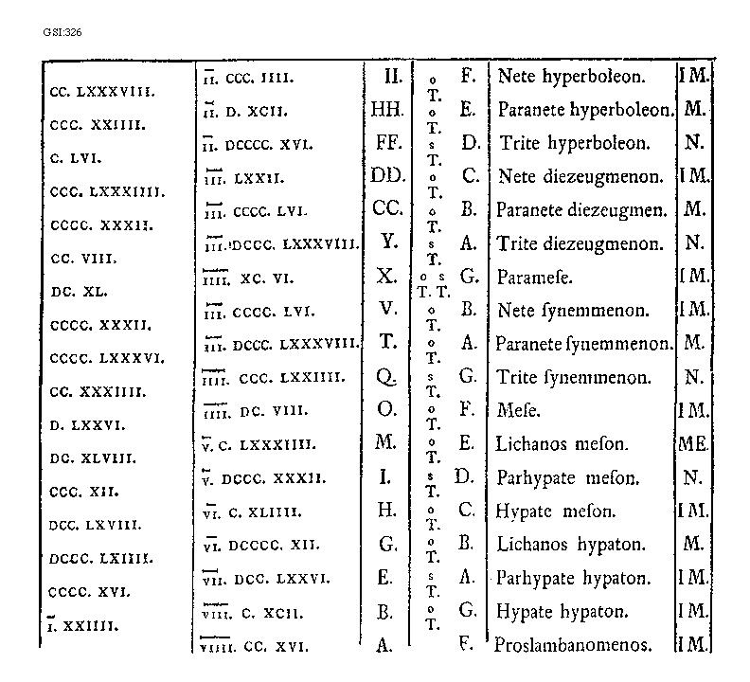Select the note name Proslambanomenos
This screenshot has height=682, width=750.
574,646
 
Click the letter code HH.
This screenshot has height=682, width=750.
387,110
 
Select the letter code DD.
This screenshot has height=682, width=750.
387,176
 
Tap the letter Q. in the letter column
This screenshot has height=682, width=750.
385,377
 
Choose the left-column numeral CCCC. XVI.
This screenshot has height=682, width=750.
86,592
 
